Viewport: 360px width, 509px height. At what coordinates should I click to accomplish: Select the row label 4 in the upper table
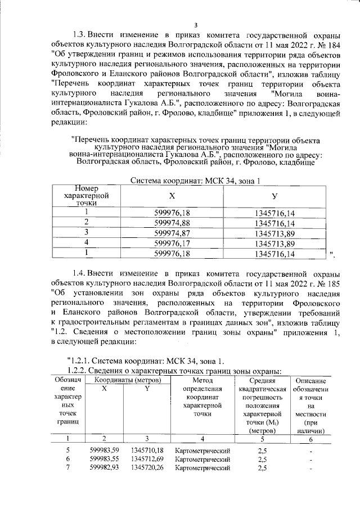(x=87, y=243)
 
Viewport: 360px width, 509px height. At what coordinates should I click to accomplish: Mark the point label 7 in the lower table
(x=67, y=468)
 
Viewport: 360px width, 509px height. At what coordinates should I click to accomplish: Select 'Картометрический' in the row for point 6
(x=203, y=459)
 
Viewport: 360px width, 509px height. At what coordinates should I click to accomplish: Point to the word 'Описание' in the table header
(x=310, y=381)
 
